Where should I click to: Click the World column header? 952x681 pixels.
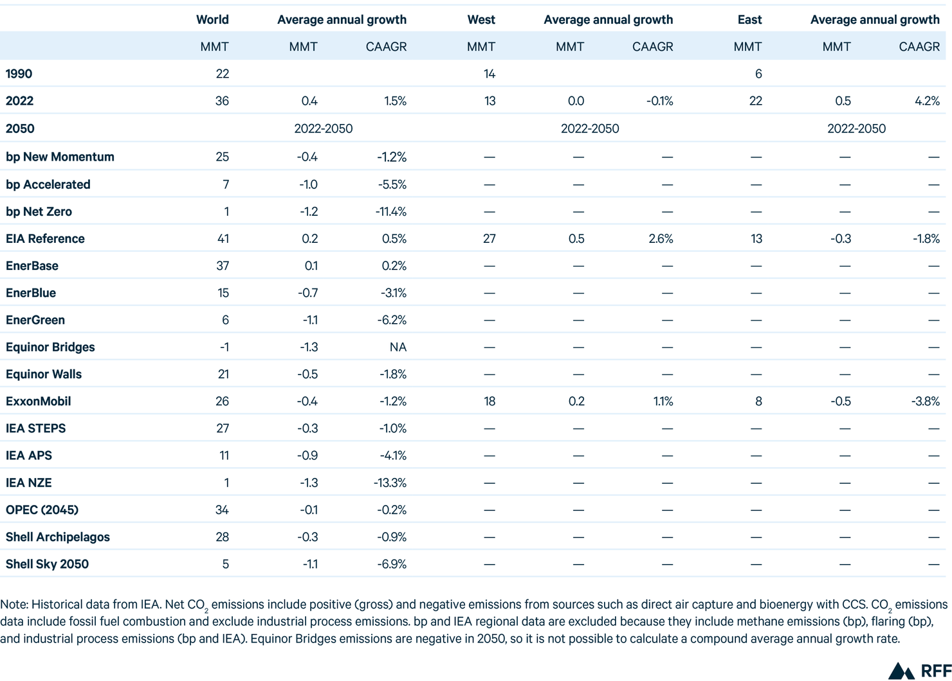[212, 19]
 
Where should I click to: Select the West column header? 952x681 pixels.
[481, 19]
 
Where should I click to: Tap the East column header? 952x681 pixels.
[750, 19]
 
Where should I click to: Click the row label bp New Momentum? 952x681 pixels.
[60, 157]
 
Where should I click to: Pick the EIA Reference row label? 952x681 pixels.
[45, 238]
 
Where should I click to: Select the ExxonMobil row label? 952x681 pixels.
[38, 402]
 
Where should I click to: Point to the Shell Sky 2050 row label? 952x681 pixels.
[47, 564]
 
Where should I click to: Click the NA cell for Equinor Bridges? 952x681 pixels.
[398, 347]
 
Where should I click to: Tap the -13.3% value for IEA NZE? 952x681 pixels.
[390, 482]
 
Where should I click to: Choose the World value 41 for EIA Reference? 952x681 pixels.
[223, 238]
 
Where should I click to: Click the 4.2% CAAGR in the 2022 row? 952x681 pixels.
[927, 101]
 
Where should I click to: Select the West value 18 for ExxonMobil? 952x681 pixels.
[490, 402]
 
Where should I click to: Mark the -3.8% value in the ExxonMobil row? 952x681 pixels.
[926, 402]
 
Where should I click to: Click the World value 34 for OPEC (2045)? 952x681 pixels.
[223, 509]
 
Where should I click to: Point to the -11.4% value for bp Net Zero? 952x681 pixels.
[391, 211]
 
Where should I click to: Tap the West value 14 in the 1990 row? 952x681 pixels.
[490, 74]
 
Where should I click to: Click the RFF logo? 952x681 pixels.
[920, 671]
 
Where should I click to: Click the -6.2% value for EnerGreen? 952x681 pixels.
[392, 320]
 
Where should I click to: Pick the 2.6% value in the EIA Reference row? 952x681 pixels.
[661, 238]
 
